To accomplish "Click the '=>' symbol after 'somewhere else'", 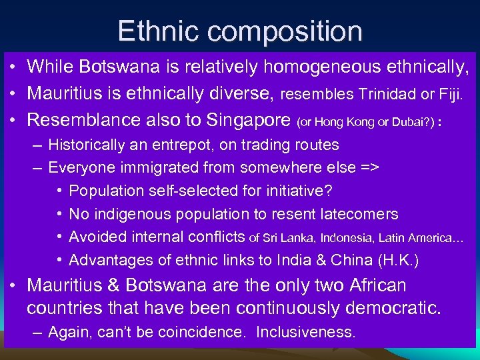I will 369,167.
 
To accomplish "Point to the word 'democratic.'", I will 385,308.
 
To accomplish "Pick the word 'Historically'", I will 85,145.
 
